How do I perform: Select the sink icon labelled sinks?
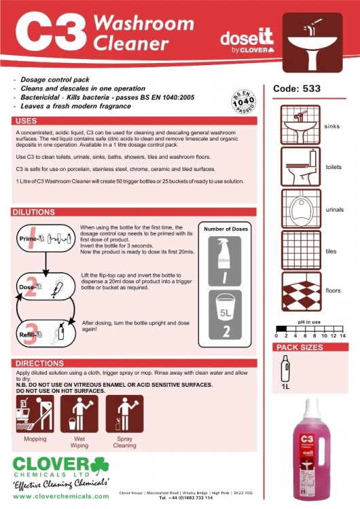(x=300, y=126)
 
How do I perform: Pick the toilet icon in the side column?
(x=300, y=167)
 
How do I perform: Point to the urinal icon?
(x=300, y=209)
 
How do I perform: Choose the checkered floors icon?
(x=300, y=290)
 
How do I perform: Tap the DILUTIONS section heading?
(x=33, y=212)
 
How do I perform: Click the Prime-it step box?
(x=43, y=239)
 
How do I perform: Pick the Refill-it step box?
(x=43, y=331)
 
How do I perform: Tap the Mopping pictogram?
(x=35, y=414)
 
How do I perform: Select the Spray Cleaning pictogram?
(x=124, y=414)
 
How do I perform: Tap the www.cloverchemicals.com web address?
(x=60, y=497)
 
